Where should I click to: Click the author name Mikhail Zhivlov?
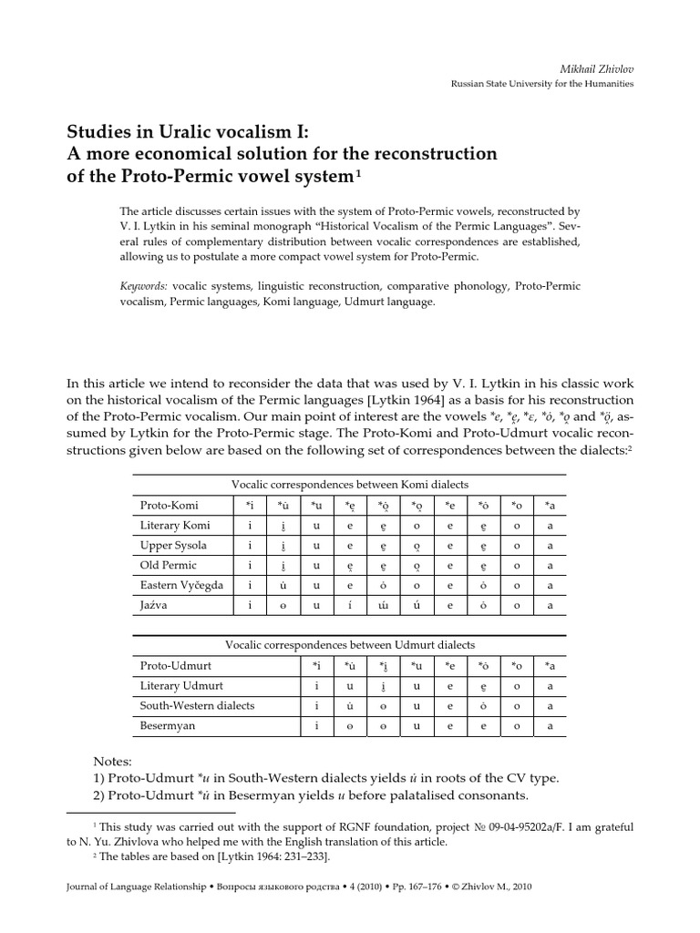tap(595, 67)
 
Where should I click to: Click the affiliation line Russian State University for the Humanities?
tap(542, 84)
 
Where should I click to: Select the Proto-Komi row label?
tap(169, 505)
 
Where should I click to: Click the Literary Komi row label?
tap(174, 525)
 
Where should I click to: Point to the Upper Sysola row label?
tap(173, 545)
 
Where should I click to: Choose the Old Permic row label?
tap(169, 565)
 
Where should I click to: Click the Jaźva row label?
tap(154, 605)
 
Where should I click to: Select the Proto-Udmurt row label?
tap(173, 666)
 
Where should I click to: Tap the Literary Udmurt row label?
tap(180, 685)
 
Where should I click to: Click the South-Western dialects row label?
tap(197, 705)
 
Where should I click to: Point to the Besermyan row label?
tap(168, 726)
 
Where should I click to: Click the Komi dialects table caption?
tap(350, 485)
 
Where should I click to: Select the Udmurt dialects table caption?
tap(350, 645)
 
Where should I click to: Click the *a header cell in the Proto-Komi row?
tap(548, 505)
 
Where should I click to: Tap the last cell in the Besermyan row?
tap(548, 726)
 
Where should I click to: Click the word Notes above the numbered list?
tap(114, 761)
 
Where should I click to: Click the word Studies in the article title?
tap(100, 130)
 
